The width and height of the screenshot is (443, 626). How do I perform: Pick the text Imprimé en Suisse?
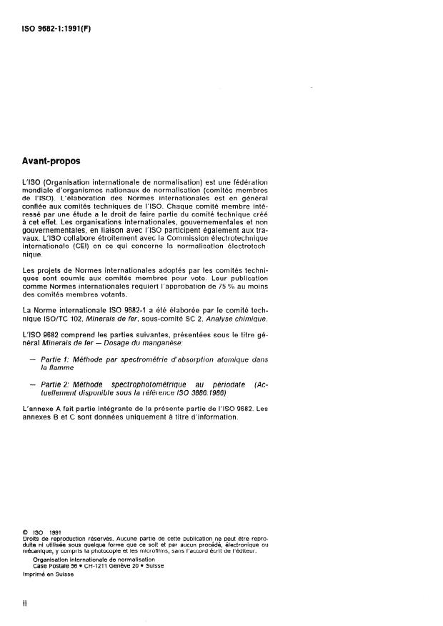point(47,574)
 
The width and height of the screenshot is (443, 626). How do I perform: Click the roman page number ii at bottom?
point(25,602)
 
